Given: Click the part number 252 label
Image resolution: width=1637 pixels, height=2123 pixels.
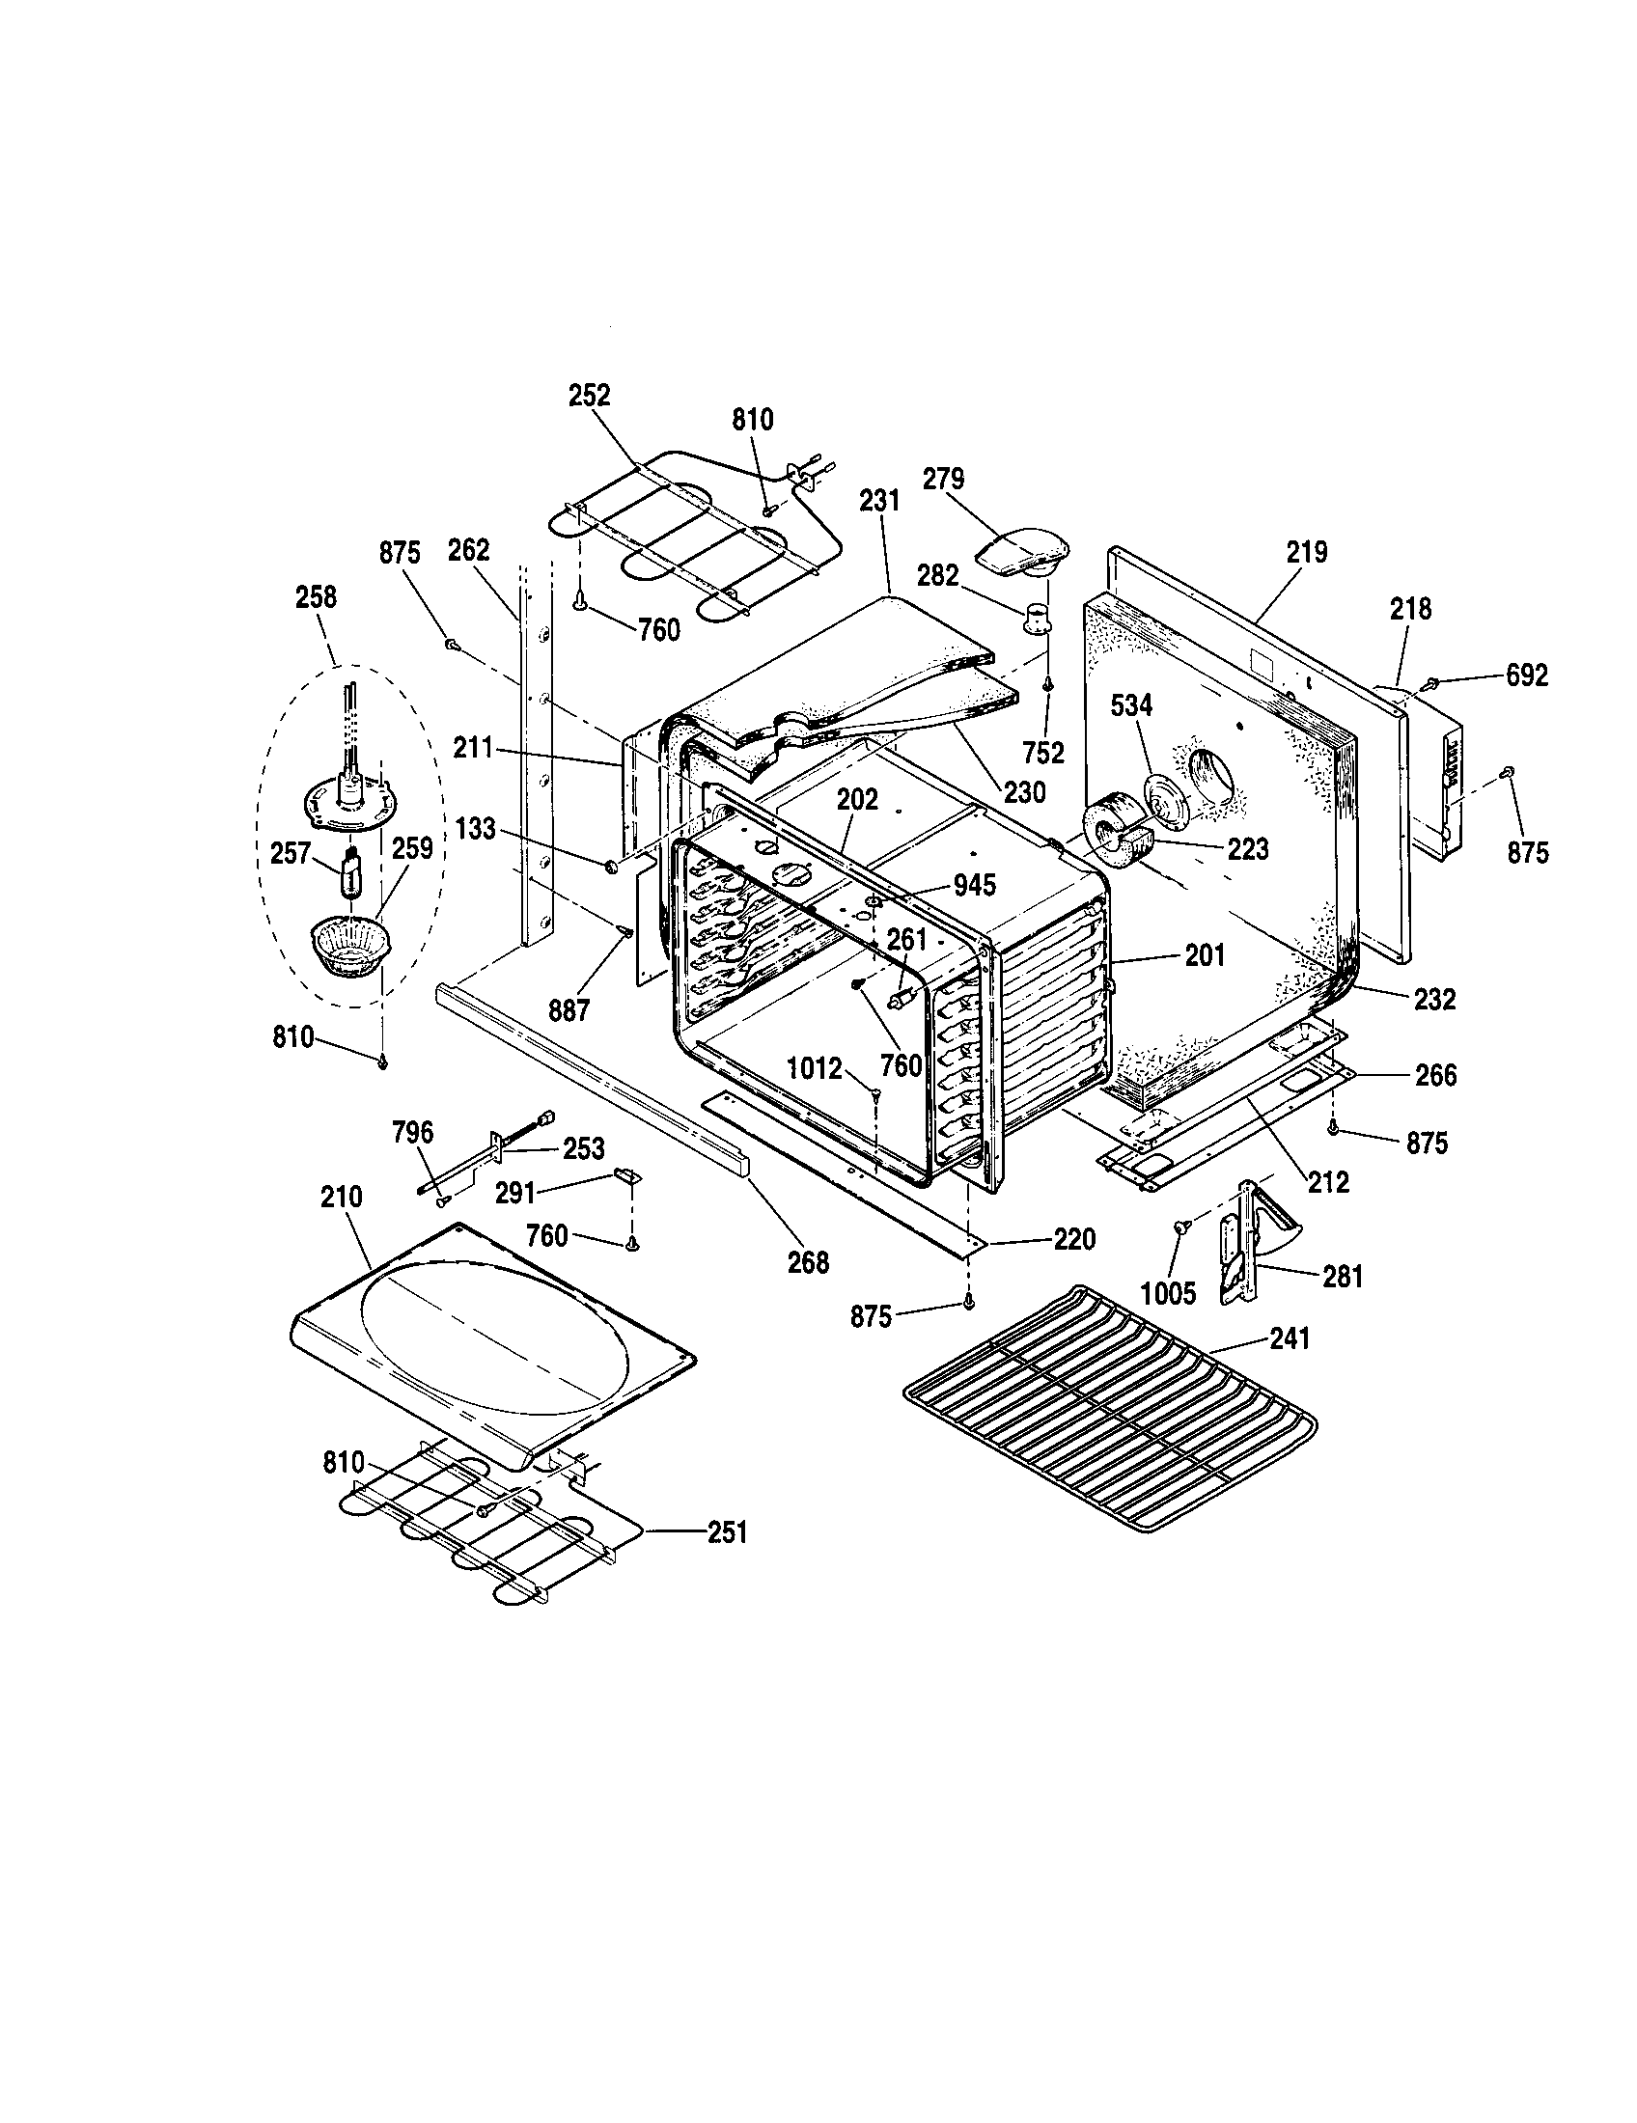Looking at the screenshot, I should pos(589,396).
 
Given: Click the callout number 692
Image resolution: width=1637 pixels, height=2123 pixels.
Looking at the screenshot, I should pos(1526,675).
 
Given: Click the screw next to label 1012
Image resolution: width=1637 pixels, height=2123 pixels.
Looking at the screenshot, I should pos(875,1094).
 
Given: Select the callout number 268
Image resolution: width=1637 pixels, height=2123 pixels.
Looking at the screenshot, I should pos(808,1263).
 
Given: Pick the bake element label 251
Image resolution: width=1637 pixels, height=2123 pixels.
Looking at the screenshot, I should pos(727,1532).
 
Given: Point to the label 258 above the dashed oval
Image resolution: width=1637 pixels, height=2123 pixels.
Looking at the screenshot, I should pos(316,595).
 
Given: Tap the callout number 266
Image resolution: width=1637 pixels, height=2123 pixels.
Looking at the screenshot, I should pos(1436,1075).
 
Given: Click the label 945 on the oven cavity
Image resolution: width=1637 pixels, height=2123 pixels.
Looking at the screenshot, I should pos(975,886).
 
